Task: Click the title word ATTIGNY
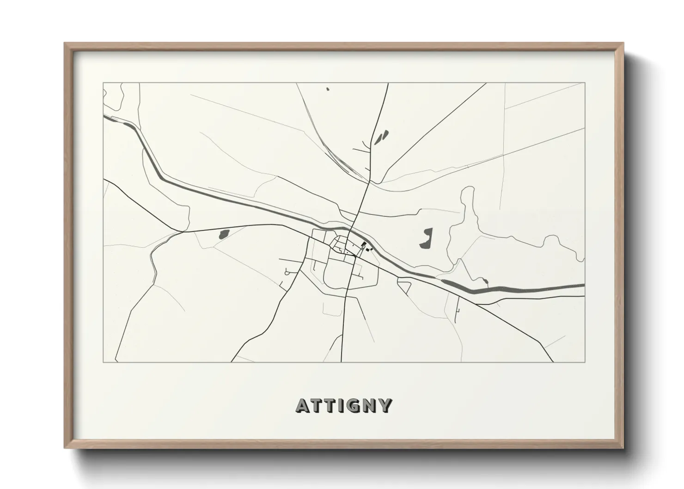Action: [x=344, y=405]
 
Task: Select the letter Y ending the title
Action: [x=385, y=405]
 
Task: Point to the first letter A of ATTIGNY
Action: [x=303, y=405]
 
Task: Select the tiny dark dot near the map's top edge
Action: [x=327, y=89]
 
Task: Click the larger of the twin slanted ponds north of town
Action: [x=384, y=135]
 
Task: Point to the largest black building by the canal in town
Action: [x=364, y=245]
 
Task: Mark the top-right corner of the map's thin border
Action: [x=585, y=83]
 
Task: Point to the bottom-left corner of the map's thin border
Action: [x=104, y=362]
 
